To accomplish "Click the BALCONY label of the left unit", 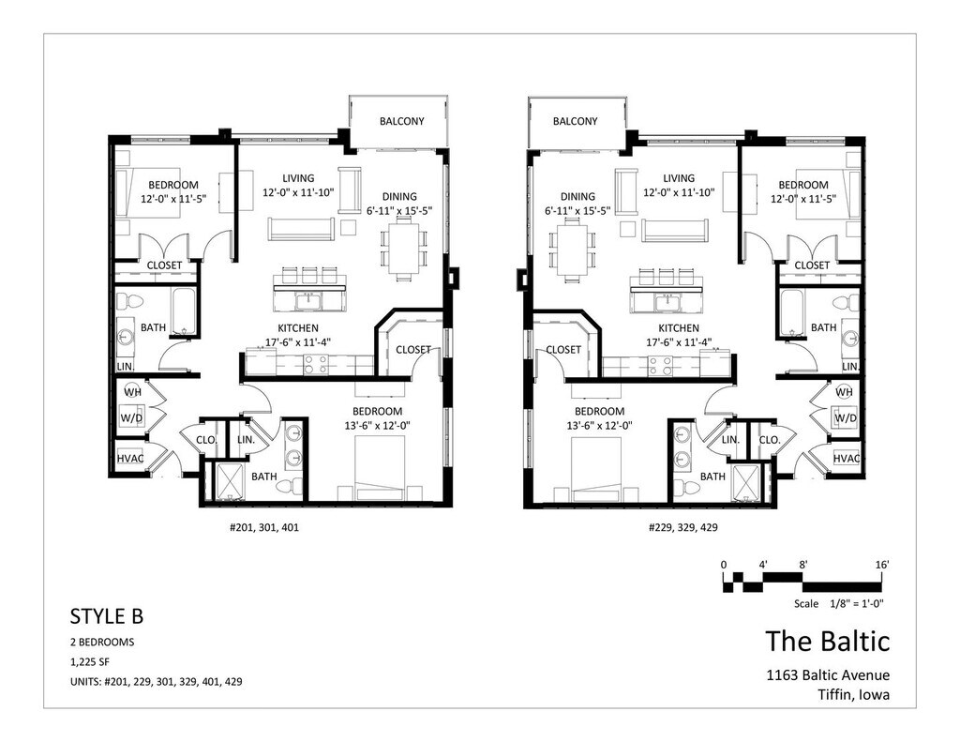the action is (401, 121).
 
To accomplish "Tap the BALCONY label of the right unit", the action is (575, 121).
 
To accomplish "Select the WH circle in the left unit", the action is (133, 391).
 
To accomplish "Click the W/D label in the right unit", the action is (845, 418).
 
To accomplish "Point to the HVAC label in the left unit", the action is (130, 459).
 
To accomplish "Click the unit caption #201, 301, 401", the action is (264, 527).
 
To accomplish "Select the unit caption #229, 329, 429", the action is (682, 527).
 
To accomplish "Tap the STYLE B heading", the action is (107, 615).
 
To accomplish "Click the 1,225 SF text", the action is (90, 661).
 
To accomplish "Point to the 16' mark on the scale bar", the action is (881, 565).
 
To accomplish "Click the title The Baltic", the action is (827, 641).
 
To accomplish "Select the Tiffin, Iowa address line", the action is (853, 695).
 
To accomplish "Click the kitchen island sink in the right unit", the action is (664, 301).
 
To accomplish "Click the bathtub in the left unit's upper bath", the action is (184, 311).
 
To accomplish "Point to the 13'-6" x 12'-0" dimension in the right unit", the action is (599, 425).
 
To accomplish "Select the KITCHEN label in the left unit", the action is (298, 328).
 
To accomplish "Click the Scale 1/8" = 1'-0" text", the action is (839, 603).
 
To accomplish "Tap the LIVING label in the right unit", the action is (679, 178).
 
